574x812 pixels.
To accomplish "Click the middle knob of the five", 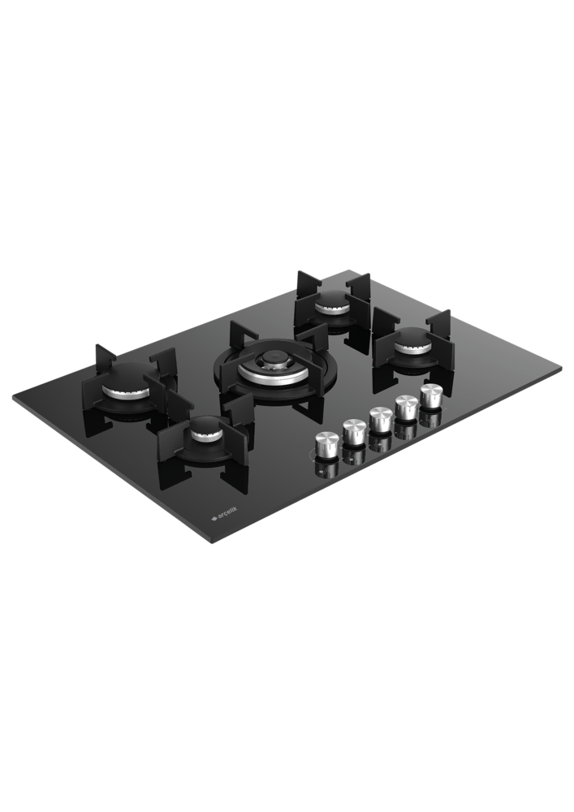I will click(380, 419).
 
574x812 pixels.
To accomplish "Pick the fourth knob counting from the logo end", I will click(406, 407).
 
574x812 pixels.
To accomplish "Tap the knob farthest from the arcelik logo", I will click(431, 395).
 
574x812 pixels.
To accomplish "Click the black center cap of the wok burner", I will click(277, 356).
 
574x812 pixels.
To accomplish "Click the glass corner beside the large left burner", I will click(14, 399).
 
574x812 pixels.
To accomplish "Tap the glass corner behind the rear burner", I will click(351, 271).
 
